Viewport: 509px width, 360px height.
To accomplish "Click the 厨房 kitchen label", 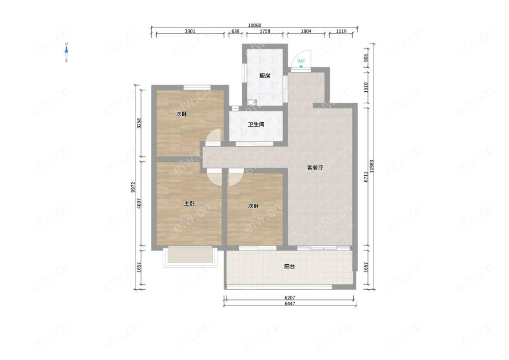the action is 265,76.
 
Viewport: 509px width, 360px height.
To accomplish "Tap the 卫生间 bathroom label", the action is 256,125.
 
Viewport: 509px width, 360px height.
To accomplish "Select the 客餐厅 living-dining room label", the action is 315,168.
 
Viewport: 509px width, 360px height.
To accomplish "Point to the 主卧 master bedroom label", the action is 189,204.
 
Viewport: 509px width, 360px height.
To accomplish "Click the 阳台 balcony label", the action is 290,266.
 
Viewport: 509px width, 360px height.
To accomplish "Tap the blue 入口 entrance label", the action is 301,61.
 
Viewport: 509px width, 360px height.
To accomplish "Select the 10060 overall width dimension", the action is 254,25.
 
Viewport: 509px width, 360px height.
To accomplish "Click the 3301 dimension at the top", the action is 190,31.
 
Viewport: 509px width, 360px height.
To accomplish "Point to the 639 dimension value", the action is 235,31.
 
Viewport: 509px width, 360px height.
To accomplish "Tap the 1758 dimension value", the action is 265,31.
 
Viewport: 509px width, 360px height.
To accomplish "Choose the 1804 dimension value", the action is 306,31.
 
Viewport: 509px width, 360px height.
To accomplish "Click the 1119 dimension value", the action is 341,31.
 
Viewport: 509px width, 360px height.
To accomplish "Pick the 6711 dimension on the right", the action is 366,177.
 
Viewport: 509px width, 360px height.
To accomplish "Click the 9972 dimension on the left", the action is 133,187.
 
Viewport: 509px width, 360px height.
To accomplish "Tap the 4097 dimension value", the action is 139,203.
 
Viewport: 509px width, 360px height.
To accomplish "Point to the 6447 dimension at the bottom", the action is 290,303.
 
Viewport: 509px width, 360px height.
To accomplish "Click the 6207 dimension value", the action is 290,298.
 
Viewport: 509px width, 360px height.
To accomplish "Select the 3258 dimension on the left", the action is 139,123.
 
